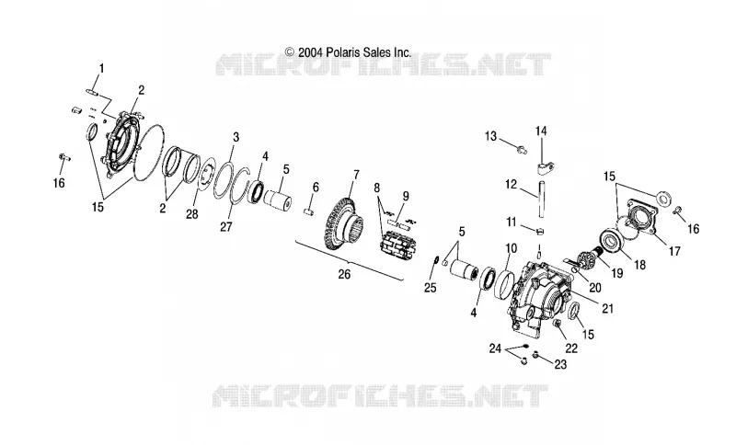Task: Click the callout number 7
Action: [356, 176]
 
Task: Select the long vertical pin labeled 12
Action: [542, 199]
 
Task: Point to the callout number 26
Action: [344, 274]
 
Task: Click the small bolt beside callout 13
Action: [521, 150]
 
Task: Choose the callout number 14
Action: [541, 131]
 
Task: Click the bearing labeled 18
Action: [614, 243]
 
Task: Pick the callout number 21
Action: [607, 309]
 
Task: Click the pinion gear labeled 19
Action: [587, 260]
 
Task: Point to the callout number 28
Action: [192, 214]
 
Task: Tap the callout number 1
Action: [101, 68]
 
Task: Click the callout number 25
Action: [430, 288]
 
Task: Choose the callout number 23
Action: [560, 364]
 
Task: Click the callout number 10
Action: [512, 248]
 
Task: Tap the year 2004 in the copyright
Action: [309, 52]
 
